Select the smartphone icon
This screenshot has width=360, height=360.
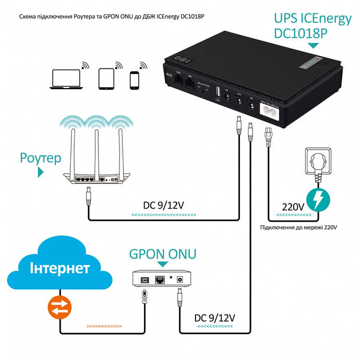[x=135, y=79]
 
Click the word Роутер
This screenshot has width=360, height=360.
[x=40, y=157]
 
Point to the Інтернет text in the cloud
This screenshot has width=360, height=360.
[x=60, y=269]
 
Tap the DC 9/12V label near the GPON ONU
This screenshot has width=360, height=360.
[x=215, y=317]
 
